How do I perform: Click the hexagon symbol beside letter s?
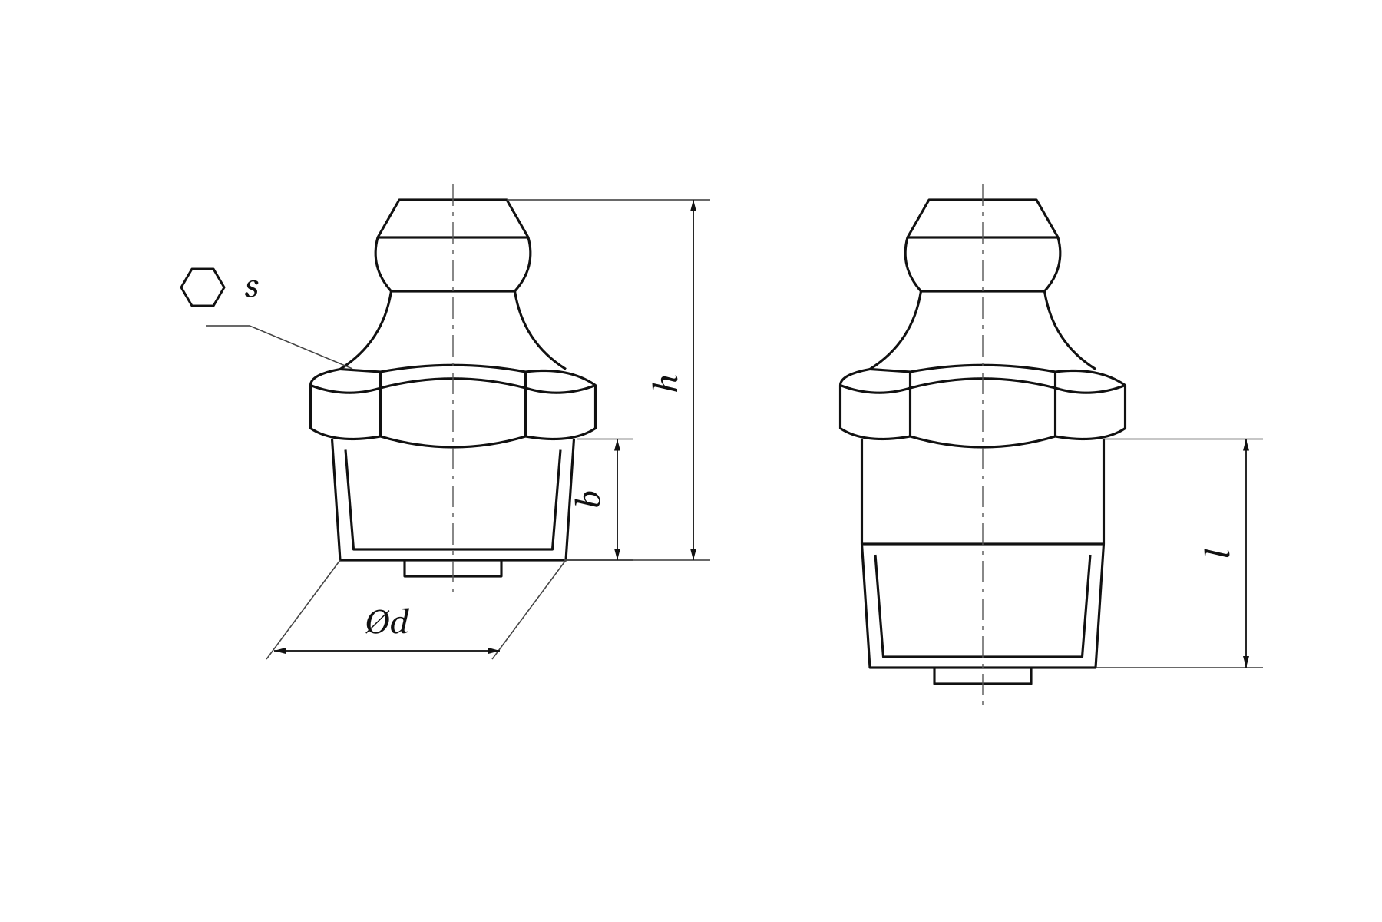point(203,287)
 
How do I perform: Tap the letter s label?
point(252,288)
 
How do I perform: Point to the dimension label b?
point(589,498)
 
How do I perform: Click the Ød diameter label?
point(387,622)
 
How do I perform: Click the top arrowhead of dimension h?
point(693,205)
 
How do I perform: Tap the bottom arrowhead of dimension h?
point(693,554)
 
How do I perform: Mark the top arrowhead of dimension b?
point(617,445)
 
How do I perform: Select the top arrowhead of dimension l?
point(1246,445)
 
